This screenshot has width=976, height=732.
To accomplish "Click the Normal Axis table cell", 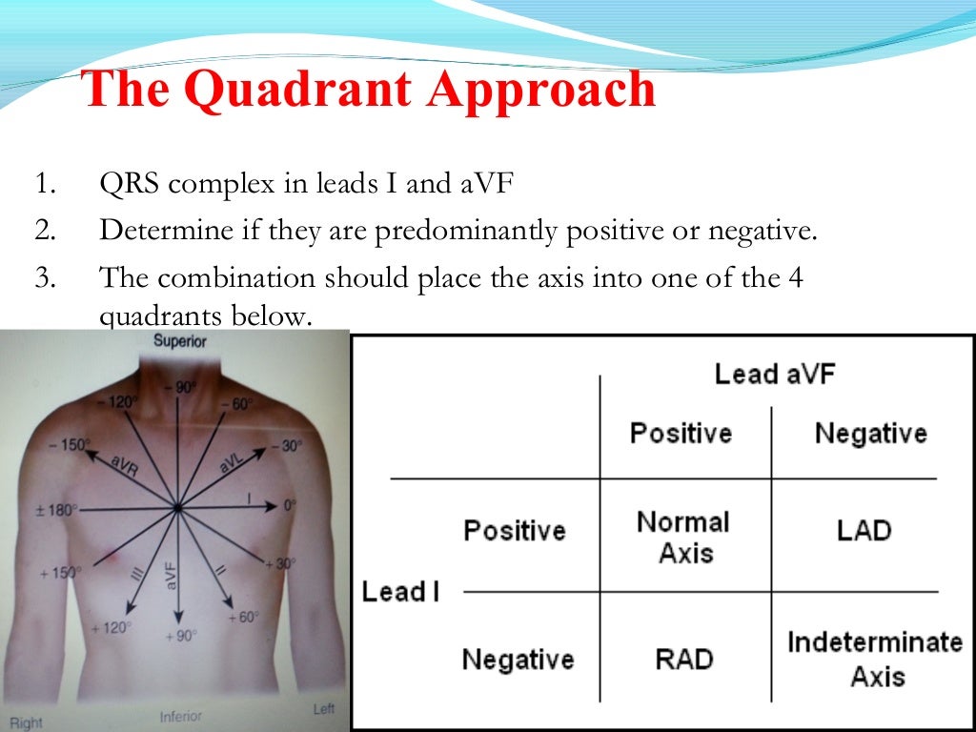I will click(683, 536).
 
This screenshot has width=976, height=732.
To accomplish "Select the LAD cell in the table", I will click(864, 530).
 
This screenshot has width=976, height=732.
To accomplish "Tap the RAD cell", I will click(684, 659).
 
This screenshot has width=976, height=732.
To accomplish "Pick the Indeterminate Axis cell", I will click(875, 659).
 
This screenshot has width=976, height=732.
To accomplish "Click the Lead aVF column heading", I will click(774, 374).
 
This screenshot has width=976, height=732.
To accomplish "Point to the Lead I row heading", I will click(400, 592).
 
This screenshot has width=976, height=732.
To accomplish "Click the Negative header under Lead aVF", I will click(870, 434).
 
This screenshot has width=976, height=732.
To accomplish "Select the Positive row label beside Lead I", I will click(515, 530).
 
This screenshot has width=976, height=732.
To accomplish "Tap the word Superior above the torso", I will click(179, 341).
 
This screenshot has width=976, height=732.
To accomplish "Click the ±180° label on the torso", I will click(56, 510).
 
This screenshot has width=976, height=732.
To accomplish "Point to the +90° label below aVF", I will click(180, 636).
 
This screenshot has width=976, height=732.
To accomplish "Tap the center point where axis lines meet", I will click(177, 509).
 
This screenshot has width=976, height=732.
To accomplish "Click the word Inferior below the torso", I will click(181, 716).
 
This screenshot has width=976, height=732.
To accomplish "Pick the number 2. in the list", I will click(44, 231).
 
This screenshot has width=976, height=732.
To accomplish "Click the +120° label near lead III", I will click(110, 628).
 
